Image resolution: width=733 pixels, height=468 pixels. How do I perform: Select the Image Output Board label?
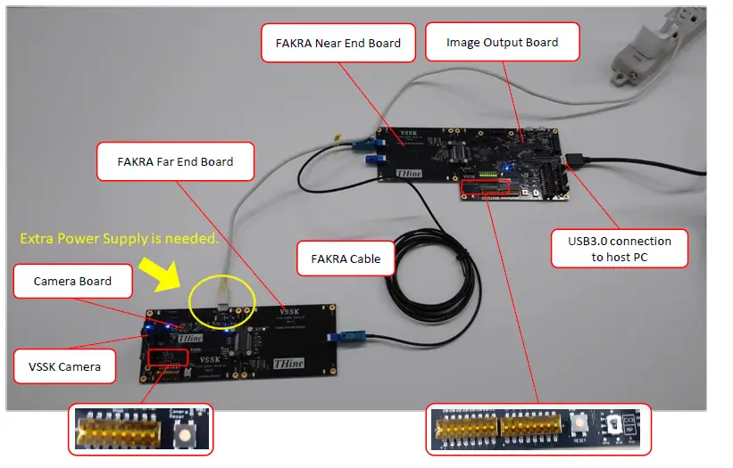point(502,42)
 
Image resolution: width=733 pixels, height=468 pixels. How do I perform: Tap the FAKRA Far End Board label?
point(175,162)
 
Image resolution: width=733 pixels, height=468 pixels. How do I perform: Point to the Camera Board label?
point(72,282)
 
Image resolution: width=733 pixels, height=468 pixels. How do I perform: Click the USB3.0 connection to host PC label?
point(619,250)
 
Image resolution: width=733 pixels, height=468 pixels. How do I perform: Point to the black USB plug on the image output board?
point(578,160)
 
